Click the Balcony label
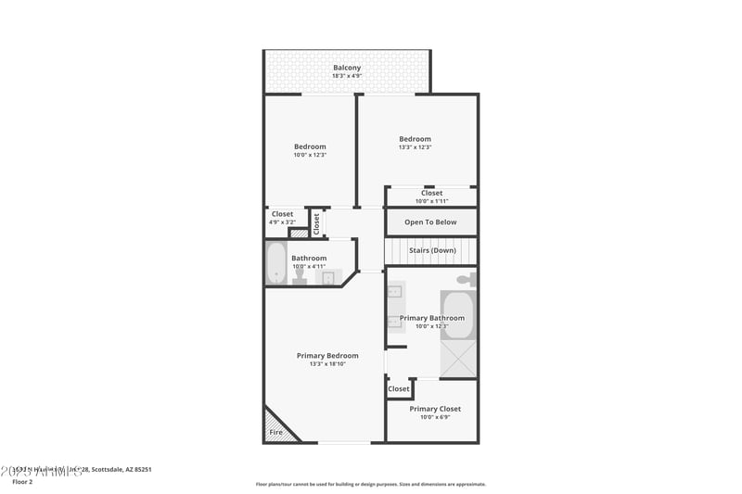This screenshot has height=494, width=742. click(347, 68)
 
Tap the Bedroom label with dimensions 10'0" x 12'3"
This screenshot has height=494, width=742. click(310, 146)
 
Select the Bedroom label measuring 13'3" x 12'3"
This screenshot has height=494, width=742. click(415, 139)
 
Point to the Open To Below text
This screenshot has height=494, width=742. click(430, 222)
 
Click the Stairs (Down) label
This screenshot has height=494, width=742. click(430, 250)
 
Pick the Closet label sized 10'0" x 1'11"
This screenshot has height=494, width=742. click(431, 194)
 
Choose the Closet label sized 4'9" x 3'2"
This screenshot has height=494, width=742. click(282, 214)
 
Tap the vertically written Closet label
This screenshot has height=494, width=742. click(316, 223)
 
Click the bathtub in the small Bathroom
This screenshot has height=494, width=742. click(276, 263)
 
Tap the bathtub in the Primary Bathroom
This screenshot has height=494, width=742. click(456, 316)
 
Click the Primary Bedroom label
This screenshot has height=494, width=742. click(327, 355)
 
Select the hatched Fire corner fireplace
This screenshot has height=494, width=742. click(279, 425)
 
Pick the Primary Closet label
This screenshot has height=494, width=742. click(435, 409)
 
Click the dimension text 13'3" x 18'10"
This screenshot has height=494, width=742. click(327, 364)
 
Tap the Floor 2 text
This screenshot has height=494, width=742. click(22, 482)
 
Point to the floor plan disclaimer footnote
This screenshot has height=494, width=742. click(370, 484)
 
